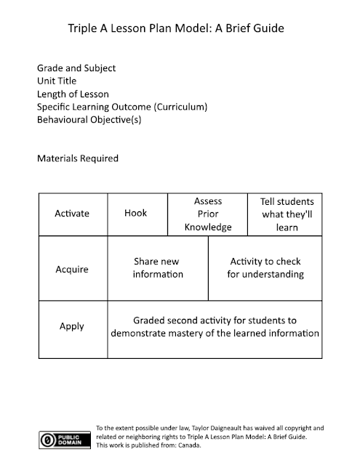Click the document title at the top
click(x=180, y=29)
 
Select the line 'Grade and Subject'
click(x=76, y=68)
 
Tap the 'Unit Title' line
click(x=57, y=81)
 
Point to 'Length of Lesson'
click(x=73, y=94)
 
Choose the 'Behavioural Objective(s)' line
click(x=89, y=121)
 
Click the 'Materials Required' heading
click(x=77, y=158)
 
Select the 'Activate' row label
click(x=72, y=214)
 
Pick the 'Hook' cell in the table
click(x=136, y=214)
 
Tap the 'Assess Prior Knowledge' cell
click(x=207, y=214)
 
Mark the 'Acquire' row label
click(x=72, y=270)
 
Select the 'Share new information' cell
click(x=157, y=268)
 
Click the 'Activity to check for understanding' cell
click(x=265, y=268)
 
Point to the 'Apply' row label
click(x=72, y=327)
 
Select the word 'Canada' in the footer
click(x=188, y=445)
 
